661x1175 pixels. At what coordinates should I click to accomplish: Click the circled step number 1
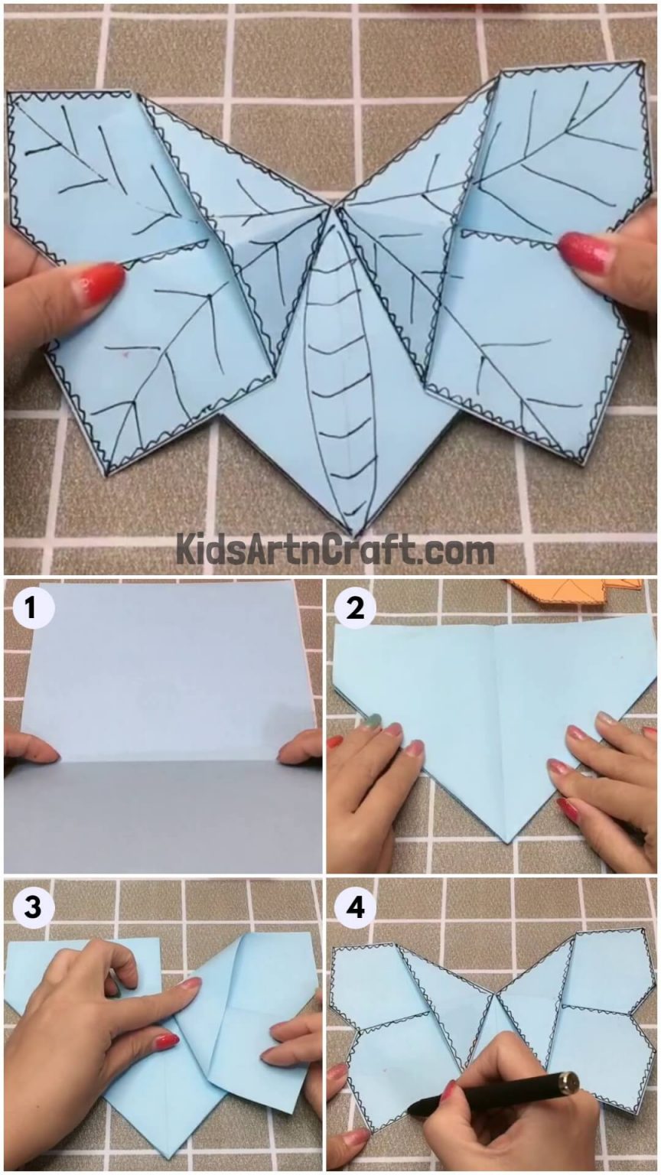(x=31, y=609)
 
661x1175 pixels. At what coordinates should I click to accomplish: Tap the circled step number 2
(x=354, y=609)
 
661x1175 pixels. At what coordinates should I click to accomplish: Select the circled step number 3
(x=31, y=907)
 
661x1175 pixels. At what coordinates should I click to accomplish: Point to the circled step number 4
(x=354, y=907)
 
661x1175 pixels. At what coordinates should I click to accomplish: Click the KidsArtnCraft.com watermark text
(x=335, y=550)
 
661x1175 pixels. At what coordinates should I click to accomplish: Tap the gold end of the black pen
(x=568, y=1082)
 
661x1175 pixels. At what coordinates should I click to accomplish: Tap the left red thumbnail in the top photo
(x=99, y=283)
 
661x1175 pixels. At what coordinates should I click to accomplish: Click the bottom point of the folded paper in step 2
(x=508, y=842)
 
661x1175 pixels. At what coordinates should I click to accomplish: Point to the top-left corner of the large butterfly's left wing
(x=9, y=95)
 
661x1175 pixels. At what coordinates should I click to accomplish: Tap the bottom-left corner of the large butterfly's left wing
(x=107, y=473)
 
